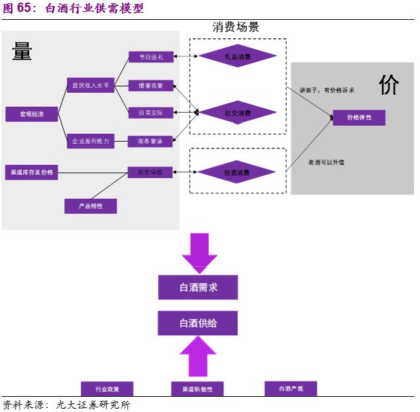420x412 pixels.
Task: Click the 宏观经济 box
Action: coord(32,114)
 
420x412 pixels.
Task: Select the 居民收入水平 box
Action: coord(90,85)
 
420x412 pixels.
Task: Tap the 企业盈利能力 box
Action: coord(90,140)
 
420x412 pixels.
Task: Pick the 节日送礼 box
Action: coord(150,58)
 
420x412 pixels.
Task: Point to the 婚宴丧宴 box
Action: coord(150,85)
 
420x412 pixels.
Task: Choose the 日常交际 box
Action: coord(150,113)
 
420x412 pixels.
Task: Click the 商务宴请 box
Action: coord(150,140)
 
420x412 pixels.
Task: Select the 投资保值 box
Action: coord(150,173)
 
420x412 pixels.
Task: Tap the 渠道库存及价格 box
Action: coord(32,173)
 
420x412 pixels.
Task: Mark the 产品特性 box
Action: coord(90,206)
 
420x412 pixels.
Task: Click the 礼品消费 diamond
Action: coord(237,57)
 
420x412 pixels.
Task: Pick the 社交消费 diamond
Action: coord(237,113)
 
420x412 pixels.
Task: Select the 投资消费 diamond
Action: coord(237,173)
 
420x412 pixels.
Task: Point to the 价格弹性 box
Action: coord(358,118)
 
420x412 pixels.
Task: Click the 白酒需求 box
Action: coord(197,287)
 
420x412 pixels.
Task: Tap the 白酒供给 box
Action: coord(197,323)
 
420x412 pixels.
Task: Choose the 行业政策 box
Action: coord(107,389)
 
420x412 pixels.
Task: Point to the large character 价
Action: coord(389,85)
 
